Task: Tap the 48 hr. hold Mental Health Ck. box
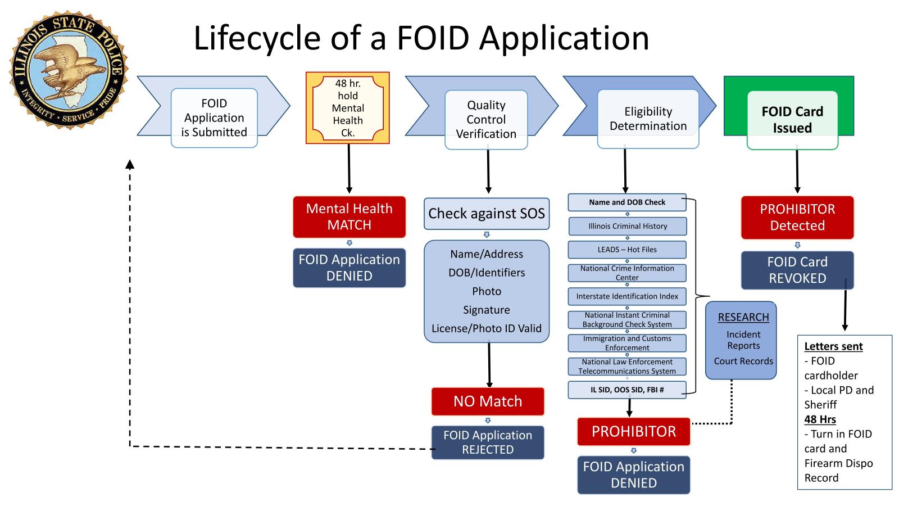pyautogui.click(x=347, y=108)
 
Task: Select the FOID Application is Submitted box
pyautogui.click(x=214, y=118)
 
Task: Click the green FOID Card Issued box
pyautogui.click(x=792, y=119)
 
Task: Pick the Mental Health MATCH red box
pyautogui.click(x=349, y=217)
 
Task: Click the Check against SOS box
pyautogui.click(x=487, y=214)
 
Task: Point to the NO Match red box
pyautogui.click(x=488, y=401)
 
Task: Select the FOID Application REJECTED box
pyautogui.click(x=488, y=442)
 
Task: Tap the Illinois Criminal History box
pyautogui.click(x=627, y=226)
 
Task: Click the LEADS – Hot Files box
pyautogui.click(x=627, y=250)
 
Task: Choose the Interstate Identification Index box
pyautogui.click(x=627, y=296)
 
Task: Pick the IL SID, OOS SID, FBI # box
pyautogui.click(x=627, y=390)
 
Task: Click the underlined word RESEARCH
pyautogui.click(x=743, y=317)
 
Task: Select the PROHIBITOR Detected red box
pyautogui.click(x=797, y=218)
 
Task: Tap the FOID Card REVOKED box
pyautogui.click(x=797, y=270)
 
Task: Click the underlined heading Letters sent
pyautogui.click(x=833, y=346)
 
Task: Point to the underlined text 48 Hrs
pyautogui.click(x=820, y=419)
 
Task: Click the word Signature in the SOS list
pyautogui.click(x=487, y=310)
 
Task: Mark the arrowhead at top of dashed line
pyautogui.click(x=130, y=164)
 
